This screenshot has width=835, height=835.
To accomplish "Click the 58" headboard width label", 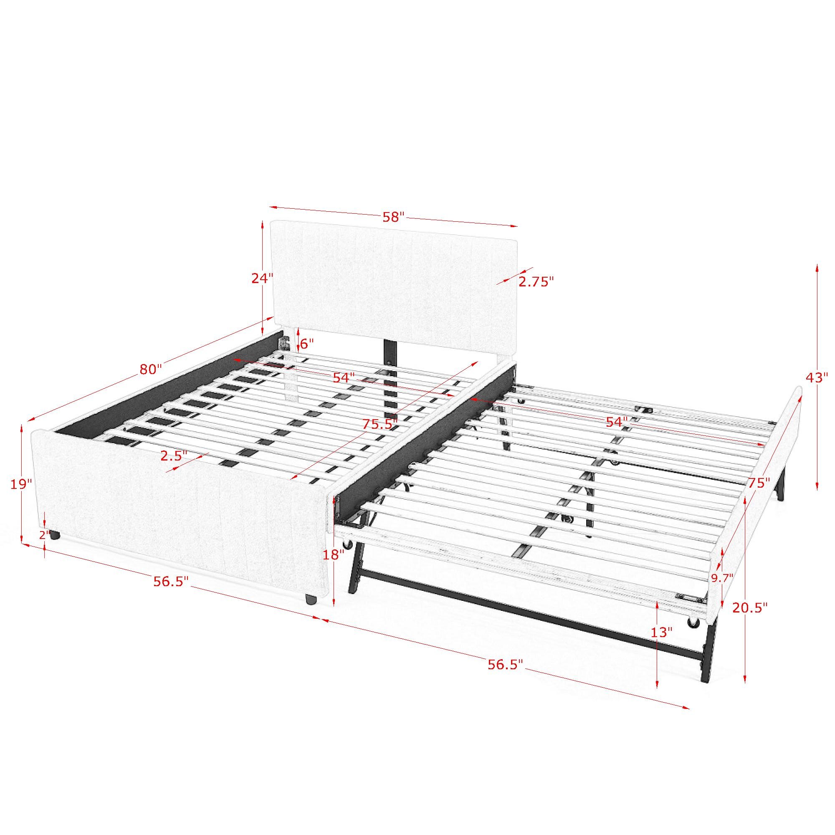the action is (x=393, y=217).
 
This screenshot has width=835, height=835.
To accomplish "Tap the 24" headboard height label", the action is (x=263, y=278).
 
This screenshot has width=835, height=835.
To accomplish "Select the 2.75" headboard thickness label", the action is (x=536, y=282).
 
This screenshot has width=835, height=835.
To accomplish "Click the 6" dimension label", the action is (x=306, y=344).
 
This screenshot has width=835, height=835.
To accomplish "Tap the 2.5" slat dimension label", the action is (x=174, y=455).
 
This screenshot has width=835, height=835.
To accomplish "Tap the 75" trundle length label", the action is (x=759, y=483).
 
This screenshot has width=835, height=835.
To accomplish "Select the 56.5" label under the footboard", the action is (x=171, y=581).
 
